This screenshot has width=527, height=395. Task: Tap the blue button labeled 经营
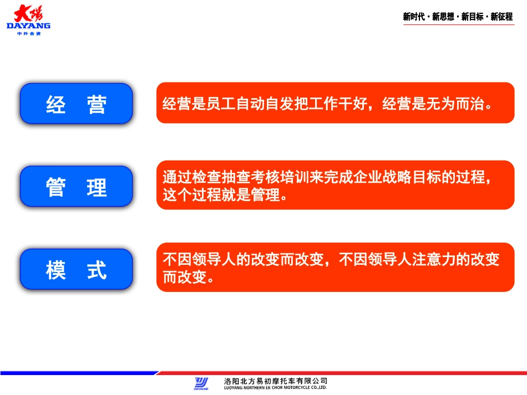click(x=77, y=104)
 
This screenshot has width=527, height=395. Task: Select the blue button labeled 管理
click(x=77, y=186)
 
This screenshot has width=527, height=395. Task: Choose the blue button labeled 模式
click(x=77, y=269)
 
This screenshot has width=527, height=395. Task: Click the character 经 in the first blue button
click(x=56, y=104)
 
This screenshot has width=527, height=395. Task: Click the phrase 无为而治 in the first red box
click(x=454, y=104)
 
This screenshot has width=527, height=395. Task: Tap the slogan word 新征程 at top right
click(x=501, y=17)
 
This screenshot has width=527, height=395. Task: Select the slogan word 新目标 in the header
click(x=472, y=17)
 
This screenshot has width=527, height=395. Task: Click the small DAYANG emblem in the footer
click(x=201, y=383)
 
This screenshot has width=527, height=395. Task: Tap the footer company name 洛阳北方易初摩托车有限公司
click(x=275, y=381)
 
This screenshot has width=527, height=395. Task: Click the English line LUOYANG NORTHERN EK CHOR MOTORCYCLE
click(x=275, y=387)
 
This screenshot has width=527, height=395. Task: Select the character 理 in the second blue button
click(x=97, y=187)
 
